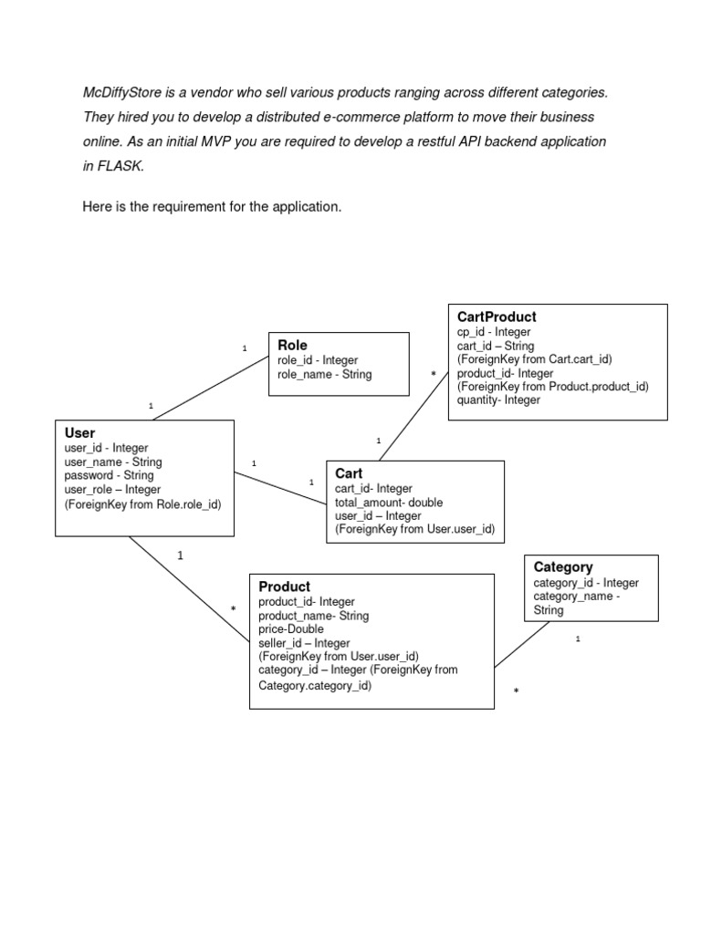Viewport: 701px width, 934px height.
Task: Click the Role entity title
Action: tap(292, 346)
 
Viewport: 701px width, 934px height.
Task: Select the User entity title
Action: tap(79, 433)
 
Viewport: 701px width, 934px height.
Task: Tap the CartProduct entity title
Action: tap(497, 317)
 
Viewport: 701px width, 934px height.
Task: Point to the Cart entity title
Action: tap(349, 473)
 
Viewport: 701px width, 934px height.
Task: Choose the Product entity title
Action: tap(284, 586)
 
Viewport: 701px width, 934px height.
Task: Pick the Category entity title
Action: tap(563, 567)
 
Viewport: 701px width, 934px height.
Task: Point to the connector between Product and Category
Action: tap(522, 644)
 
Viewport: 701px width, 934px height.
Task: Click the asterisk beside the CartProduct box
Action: tap(433, 375)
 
